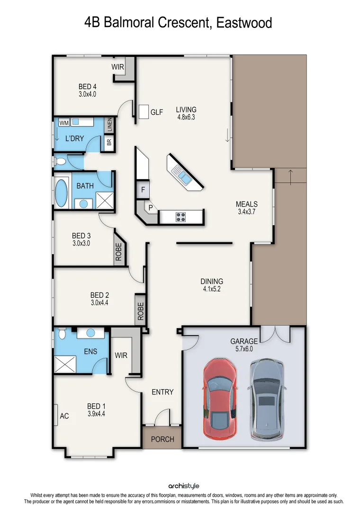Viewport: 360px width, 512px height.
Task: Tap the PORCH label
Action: coord(162,439)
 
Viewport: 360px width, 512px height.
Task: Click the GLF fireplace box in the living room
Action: coord(144,112)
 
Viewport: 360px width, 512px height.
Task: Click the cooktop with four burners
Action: coord(181,217)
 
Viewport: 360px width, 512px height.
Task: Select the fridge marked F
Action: coord(143,190)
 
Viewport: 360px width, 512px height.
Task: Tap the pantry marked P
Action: coord(150,208)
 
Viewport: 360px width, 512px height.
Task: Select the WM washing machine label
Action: coord(63,123)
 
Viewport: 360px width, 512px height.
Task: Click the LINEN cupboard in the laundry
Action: coord(109,126)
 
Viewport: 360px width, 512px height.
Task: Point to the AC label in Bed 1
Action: coord(64,416)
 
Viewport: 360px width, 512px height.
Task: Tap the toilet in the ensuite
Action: coord(62,334)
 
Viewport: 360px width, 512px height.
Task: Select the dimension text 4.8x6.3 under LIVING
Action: coord(186,117)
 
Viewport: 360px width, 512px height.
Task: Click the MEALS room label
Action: coord(247,204)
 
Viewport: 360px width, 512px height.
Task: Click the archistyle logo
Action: coord(184,486)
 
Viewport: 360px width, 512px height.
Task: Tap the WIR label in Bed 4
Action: coord(117,67)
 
